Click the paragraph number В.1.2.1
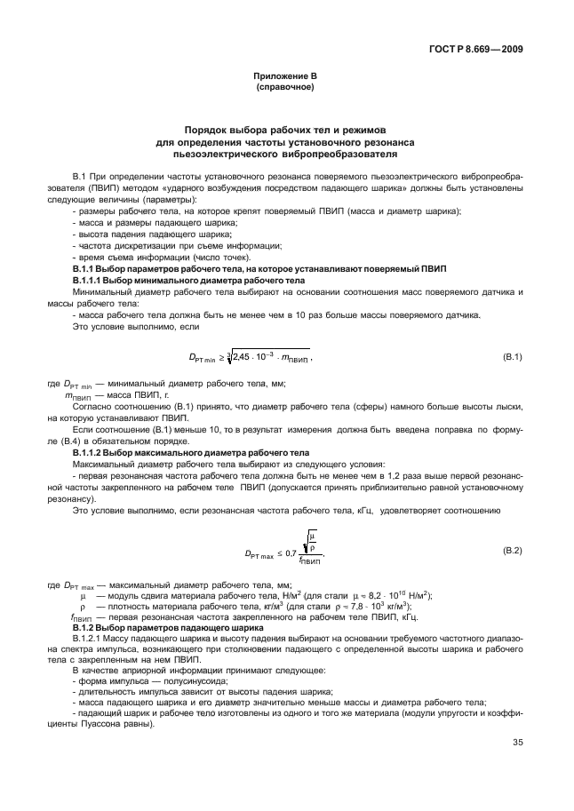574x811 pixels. tap(87, 638)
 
